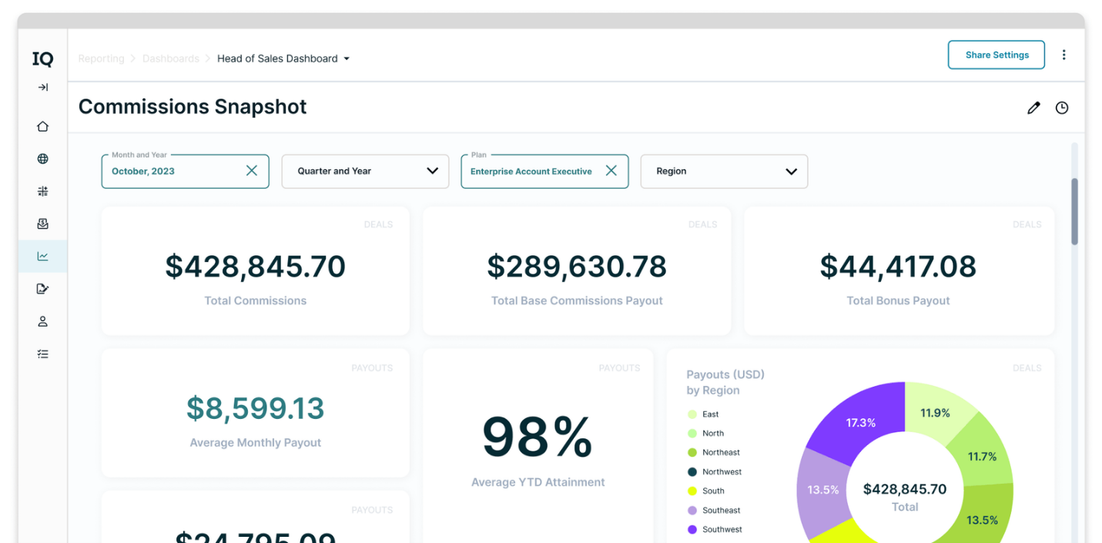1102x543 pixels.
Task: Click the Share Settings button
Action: [x=996, y=55]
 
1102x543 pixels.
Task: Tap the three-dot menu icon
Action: [x=1063, y=55]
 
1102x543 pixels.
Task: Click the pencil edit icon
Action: [x=1033, y=108]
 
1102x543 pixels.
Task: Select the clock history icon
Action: [x=1062, y=108]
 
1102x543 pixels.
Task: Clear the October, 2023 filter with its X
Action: [x=252, y=171]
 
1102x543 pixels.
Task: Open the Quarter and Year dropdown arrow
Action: [x=432, y=171]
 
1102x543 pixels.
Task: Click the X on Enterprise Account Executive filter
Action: [x=611, y=171]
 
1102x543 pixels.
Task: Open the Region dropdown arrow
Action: [x=791, y=171]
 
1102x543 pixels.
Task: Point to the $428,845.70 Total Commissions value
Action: [x=255, y=266]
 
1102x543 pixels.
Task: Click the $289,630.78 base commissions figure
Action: [x=577, y=266]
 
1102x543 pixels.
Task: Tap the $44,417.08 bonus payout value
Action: [x=898, y=266]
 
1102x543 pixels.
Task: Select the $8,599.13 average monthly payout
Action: [x=255, y=409]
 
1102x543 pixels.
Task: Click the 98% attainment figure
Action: [x=538, y=437]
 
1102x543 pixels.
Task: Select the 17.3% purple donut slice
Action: [x=859, y=422]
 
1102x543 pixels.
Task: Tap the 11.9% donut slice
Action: [x=934, y=414]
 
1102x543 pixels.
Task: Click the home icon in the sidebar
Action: [x=43, y=126]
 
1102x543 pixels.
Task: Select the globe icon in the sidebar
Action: [x=43, y=159]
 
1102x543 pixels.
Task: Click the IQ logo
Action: [x=42, y=59]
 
